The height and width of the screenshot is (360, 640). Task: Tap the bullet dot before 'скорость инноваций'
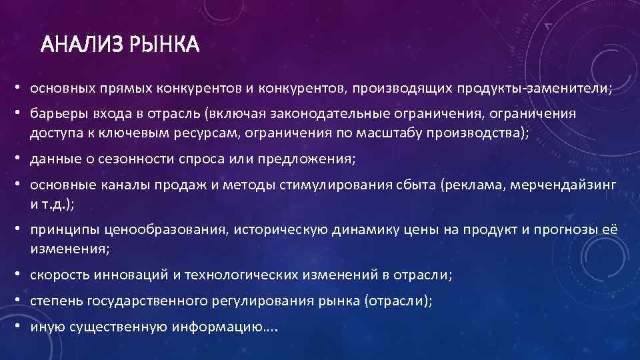(x=22, y=275)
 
